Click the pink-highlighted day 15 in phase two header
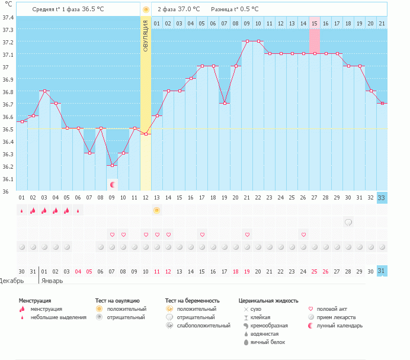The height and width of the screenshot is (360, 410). click(x=314, y=23)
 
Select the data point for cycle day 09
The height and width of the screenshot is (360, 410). click(x=112, y=165)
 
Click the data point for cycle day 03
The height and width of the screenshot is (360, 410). click(x=44, y=91)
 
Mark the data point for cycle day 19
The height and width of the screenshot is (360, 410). click(x=224, y=104)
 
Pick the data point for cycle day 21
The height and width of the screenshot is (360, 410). click(x=246, y=41)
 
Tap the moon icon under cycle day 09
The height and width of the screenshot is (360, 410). click(x=112, y=185)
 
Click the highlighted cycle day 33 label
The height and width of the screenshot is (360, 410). click(x=382, y=198)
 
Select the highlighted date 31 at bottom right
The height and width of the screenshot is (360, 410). click(x=382, y=271)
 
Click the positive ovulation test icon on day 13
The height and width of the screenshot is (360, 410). click(x=156, y=210)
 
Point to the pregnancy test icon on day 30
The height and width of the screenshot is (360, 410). click(x=348, y=222)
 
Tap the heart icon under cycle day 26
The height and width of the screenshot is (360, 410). click(x=303, y=234)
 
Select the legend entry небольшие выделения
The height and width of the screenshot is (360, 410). click(x=57, y=317)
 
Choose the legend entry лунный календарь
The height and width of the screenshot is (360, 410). click(x=339, y=326)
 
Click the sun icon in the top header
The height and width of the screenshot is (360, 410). click(x=146, y=9)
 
